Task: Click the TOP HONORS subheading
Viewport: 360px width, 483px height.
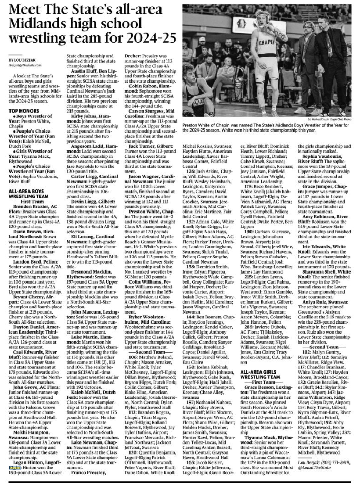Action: click(x=24, y=111)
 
